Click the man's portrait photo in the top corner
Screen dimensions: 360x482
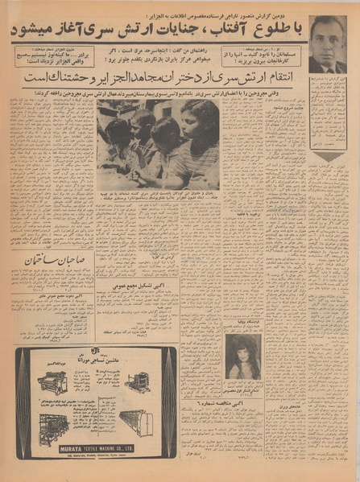click(328, 45)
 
